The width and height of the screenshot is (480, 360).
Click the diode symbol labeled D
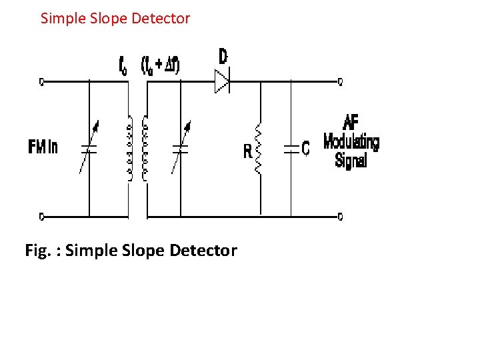(221, 82)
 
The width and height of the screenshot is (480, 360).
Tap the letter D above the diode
(223, 57)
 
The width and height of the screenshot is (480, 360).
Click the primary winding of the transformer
(127, 149)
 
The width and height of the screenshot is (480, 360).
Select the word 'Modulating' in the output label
(351, 141)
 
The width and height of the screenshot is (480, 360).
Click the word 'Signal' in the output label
(351, 160)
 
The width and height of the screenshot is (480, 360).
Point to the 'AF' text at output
(351, 123)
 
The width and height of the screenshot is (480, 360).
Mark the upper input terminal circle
(41, 82)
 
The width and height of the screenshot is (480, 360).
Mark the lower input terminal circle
(41, 216)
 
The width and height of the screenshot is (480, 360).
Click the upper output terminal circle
(340, 82)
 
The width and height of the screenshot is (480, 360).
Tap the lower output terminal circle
(340, 216)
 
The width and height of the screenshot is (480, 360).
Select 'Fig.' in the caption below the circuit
(38, 251)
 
